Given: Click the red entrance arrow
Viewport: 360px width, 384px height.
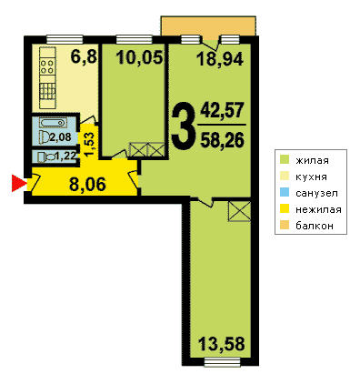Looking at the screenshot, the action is click(17, 183).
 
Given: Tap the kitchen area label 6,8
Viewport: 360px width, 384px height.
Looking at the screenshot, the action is click(84, 56).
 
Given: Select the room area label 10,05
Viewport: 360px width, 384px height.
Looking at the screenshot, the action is click(140, 57).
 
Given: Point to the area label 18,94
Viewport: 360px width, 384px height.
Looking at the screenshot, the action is click(220, 59).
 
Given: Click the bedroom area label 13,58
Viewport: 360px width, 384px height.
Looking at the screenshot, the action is click(222, 344).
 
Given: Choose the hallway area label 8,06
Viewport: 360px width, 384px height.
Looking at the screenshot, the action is click(88, 184).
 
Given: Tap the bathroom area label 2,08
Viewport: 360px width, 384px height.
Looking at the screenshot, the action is click(60, 137).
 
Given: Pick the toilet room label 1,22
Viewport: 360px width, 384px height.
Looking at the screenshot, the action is click(65, 157).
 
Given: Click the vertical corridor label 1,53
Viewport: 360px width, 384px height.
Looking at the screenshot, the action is click(91, 145).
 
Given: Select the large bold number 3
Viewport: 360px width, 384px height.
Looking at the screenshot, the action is click(182, 126).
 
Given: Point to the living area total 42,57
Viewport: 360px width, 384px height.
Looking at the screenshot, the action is click(222, 110).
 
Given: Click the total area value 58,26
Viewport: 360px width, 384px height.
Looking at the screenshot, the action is click(222, 140).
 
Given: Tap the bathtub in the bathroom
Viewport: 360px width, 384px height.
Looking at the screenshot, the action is click(53, 123).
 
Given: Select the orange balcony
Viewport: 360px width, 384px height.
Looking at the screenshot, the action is click(208, 26).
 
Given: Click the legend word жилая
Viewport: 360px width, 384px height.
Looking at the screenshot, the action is click(312, 160).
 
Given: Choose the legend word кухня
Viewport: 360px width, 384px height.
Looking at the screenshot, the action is click(312, 177).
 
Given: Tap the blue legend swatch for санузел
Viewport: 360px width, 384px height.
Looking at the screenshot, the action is click(285, 193).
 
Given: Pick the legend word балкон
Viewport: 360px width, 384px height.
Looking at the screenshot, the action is click(315, 226).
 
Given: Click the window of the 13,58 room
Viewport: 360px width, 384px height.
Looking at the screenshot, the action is click(223, 362).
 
